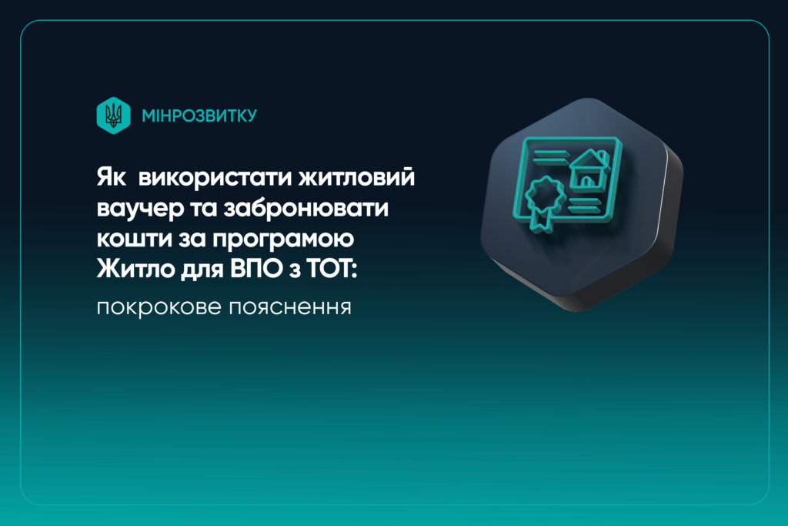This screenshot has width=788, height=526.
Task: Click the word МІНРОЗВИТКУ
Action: [199, 116]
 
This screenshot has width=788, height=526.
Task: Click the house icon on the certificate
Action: [588, 170]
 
